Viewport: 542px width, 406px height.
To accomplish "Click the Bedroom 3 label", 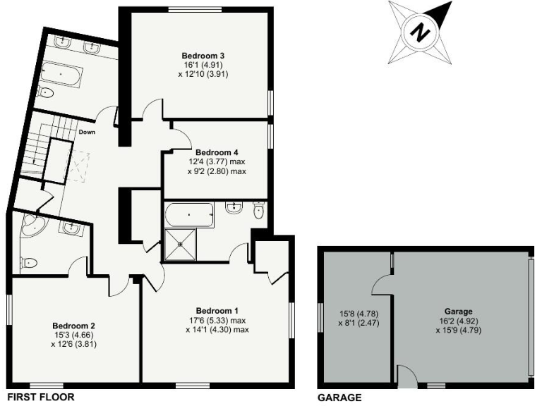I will coord(198,55).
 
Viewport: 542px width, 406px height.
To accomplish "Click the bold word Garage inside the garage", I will coord(459,311).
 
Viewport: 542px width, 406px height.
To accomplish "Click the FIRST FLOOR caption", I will coord(40,397).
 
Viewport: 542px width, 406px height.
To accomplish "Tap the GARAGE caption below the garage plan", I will coord(339,397).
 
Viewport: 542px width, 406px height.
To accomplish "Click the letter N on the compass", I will coord(421,32).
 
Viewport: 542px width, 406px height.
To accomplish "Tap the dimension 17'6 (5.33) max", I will coord(217,320).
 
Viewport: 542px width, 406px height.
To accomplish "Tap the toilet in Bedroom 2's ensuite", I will coord(29,263).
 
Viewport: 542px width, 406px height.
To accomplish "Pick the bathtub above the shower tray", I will coord(188,214).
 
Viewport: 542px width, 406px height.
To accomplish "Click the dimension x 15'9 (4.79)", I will coord(459,329).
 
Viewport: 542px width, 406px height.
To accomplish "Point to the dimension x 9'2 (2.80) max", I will coord(217,171).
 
